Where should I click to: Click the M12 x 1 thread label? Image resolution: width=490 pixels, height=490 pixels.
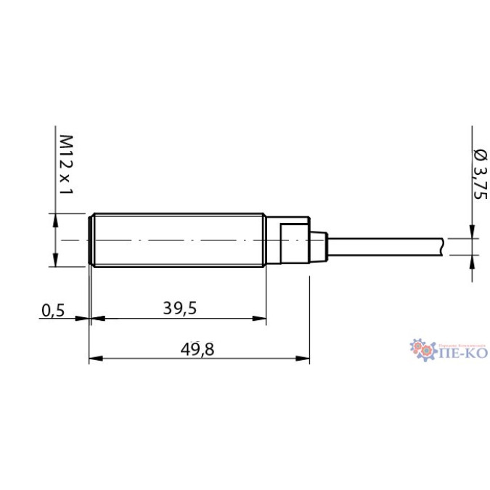click(x=67, y=166)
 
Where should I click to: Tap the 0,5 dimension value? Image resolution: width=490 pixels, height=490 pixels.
click(x=53, y=310)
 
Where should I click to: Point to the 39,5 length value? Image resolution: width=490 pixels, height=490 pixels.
click(x=179, y=308)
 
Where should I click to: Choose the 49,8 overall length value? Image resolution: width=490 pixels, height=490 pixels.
click(x=198, y=350)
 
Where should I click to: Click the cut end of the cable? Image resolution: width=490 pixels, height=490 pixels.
click(x=444, y=246)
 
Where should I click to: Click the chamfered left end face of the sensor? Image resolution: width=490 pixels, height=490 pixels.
click(x=90, y=240)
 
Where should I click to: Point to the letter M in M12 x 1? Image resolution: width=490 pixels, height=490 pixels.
click(x=67, y=140)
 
